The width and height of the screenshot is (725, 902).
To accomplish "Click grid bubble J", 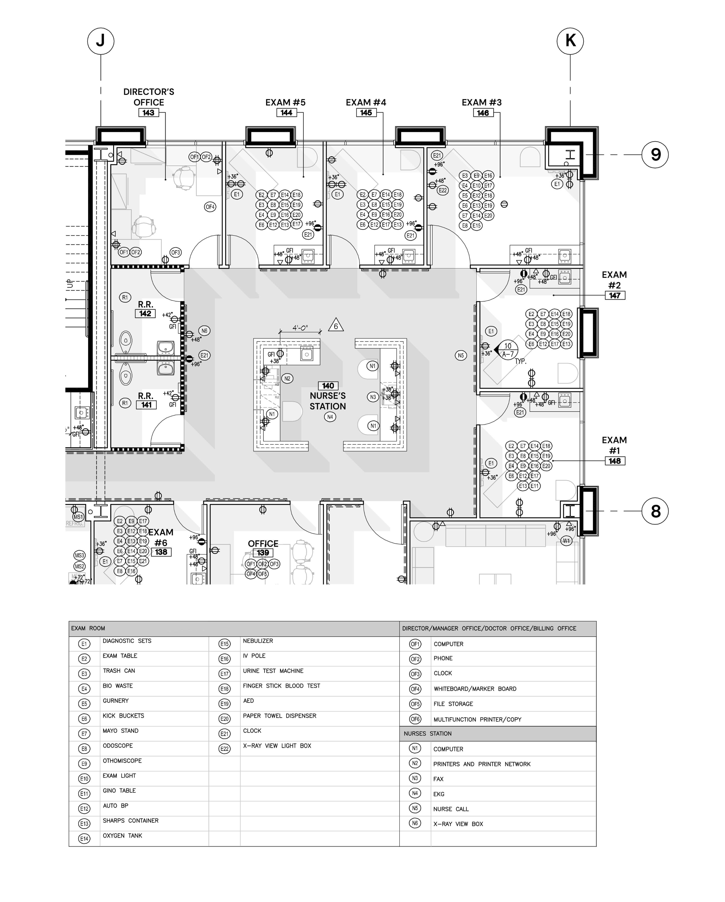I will pyautogui.click(x=100, y=41).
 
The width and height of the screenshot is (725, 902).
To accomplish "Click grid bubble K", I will pyautogui.click(x=570, y=41).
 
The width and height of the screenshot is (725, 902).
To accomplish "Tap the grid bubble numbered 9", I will pyautogui.click(x=655, y=155).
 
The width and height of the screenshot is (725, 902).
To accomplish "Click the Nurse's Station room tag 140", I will pyautogui.click(x=328, y=386).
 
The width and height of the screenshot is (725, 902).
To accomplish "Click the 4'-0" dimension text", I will pyautogui.click(x=300, y=328).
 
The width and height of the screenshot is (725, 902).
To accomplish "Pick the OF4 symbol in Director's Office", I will pyautogui.click(x=210, y=207).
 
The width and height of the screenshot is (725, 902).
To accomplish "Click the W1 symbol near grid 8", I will pyautogui.click(x=566, y=541).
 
